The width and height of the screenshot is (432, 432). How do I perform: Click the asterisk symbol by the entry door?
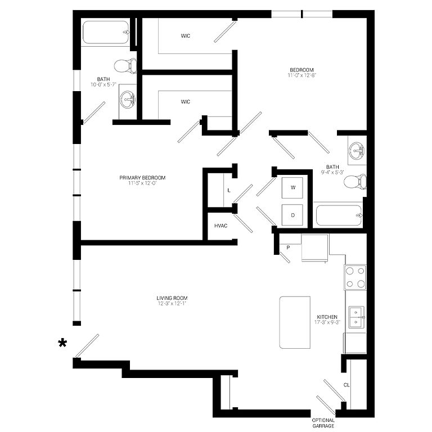(62, 343)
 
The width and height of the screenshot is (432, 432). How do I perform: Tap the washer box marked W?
(292, 188)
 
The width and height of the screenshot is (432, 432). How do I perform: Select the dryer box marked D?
(292, 215)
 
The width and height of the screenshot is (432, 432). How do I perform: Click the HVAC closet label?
(220, 226)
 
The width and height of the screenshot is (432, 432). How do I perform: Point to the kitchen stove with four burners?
(355, 277)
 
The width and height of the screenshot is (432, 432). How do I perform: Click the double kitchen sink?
(357, 317)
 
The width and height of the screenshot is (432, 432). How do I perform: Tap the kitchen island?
(295, 322)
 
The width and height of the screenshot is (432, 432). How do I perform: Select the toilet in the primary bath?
(125, 66)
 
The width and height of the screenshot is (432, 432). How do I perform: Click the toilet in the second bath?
(355, 182)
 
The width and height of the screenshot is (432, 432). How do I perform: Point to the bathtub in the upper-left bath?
(106, 33)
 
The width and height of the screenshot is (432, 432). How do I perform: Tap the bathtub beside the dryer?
(339, 215)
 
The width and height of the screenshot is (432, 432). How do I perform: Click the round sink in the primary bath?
(128, 99)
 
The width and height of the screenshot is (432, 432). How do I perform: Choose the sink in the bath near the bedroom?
(357, 150)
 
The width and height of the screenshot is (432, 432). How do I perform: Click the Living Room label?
(172, 298)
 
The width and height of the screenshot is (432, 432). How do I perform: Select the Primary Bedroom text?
(142, 178)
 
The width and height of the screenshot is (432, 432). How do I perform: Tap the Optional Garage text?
(323, 423)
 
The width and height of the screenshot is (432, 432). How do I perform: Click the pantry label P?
(288, 247)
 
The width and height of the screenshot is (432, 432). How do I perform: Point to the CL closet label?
(346, 385)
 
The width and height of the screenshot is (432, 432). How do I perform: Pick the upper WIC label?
(186, 36)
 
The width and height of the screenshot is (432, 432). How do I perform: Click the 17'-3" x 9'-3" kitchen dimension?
(327, 322)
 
